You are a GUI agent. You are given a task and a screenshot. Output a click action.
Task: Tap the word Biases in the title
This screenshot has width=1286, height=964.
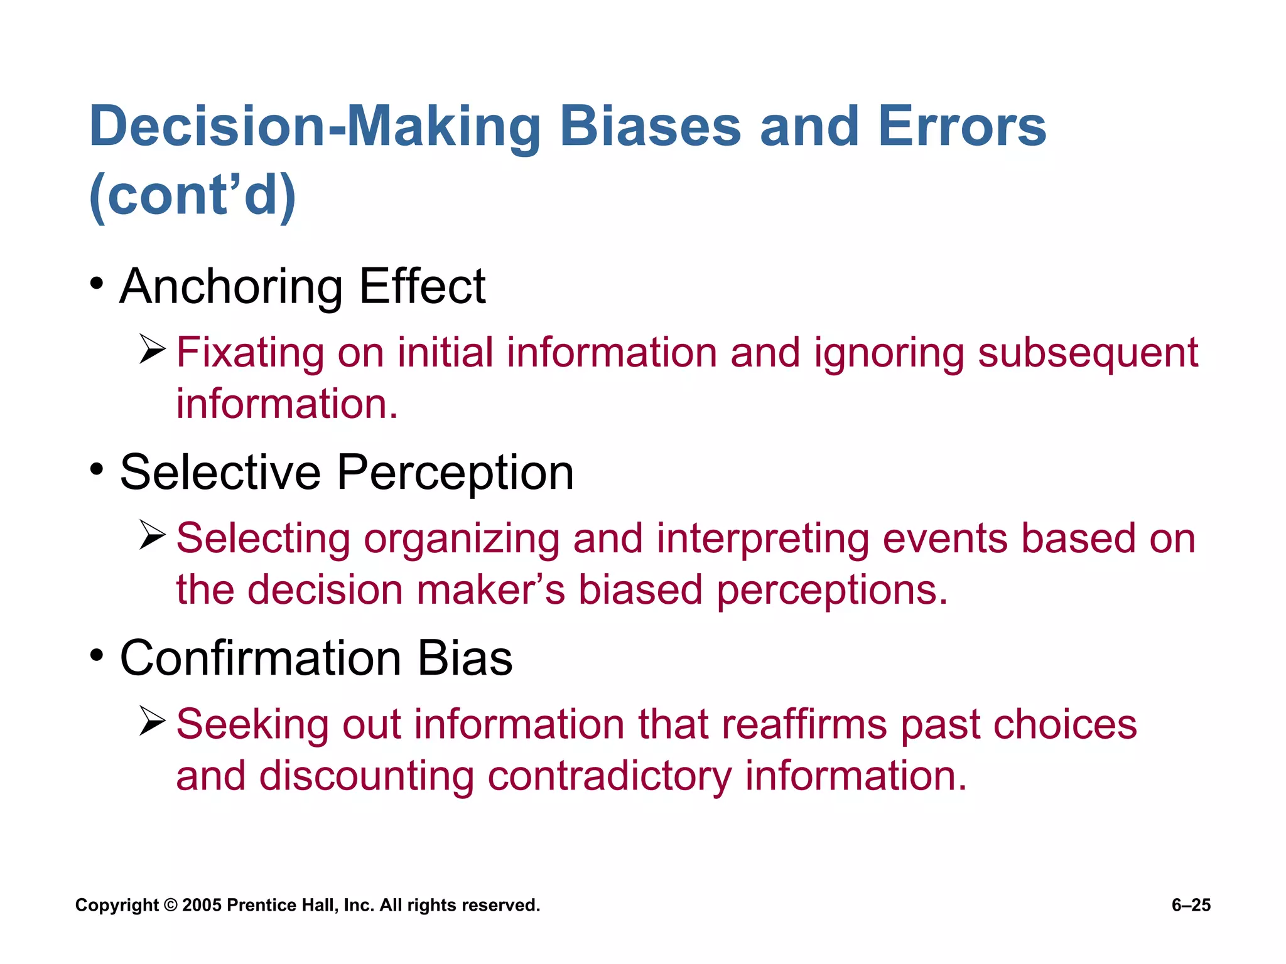point(650,127)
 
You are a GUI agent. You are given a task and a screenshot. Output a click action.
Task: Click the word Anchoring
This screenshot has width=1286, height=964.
point(231,287)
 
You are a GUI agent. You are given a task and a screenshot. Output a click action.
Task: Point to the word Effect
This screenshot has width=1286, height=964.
point(422,286)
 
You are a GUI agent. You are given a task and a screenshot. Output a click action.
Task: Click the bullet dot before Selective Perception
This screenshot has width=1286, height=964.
point(96,469)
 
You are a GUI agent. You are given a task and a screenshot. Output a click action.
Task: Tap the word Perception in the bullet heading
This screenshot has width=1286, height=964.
point(455,473)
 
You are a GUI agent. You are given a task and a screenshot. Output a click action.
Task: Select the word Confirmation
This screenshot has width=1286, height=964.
point(261,658)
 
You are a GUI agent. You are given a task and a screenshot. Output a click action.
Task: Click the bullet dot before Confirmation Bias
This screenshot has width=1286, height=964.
point(96,655)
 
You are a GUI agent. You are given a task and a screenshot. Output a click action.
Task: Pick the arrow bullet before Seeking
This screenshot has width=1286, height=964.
point(152,721)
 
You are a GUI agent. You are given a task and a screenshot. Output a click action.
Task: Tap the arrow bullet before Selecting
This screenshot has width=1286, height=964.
point(152,535)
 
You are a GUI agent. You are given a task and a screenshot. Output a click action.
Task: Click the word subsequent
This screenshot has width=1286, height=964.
point(1088,353)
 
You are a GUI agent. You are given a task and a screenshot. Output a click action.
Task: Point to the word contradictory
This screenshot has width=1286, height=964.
point(609,776)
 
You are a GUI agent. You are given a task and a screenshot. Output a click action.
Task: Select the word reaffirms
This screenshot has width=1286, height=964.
point(804,724)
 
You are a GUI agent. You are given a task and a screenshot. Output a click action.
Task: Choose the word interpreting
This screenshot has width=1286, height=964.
point(763,540)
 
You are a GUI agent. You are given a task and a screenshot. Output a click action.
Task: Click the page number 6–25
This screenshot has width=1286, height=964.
point(1191,905)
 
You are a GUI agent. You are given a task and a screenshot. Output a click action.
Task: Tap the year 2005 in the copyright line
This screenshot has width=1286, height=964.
point(202,905)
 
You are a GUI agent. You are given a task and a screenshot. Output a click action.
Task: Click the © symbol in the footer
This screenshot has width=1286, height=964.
point(170,905)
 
